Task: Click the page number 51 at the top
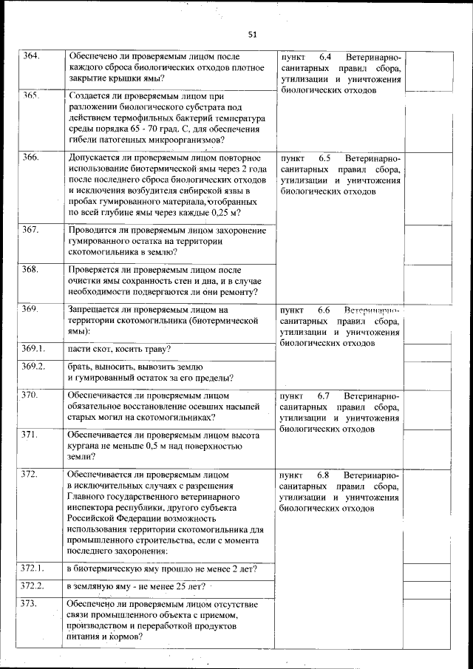252,34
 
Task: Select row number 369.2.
33,366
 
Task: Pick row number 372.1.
33,568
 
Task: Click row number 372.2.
33,585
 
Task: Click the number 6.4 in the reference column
326,57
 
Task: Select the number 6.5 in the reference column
326,158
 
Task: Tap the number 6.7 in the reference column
326,396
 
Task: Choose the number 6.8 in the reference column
326,474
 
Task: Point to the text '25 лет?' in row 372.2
186,587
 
